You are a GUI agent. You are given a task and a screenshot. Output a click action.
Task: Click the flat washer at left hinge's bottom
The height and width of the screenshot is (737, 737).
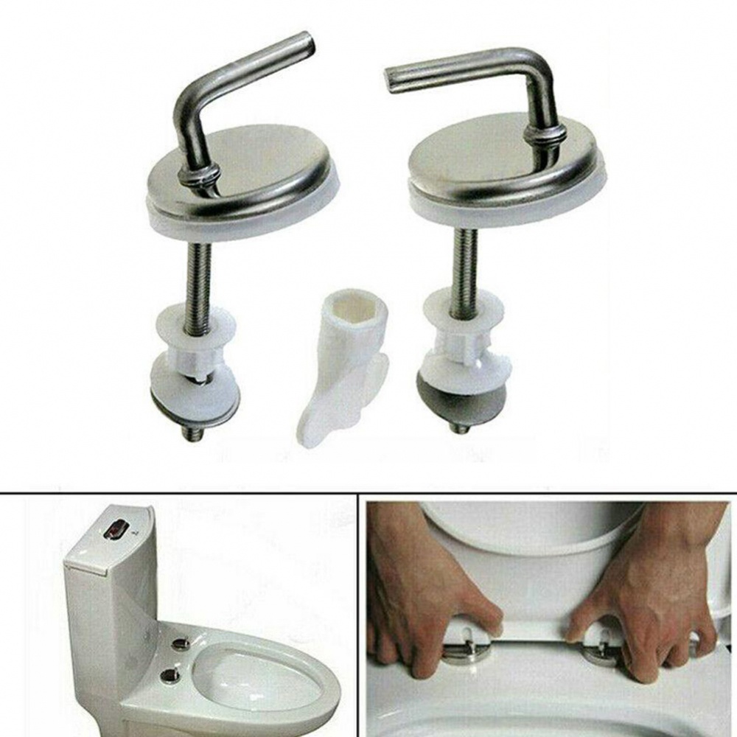coord(195,391)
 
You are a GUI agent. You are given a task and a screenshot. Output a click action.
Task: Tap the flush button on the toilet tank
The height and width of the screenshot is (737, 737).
coord(118,528)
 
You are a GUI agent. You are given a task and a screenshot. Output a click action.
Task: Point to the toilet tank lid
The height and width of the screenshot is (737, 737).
coord(111,538)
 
